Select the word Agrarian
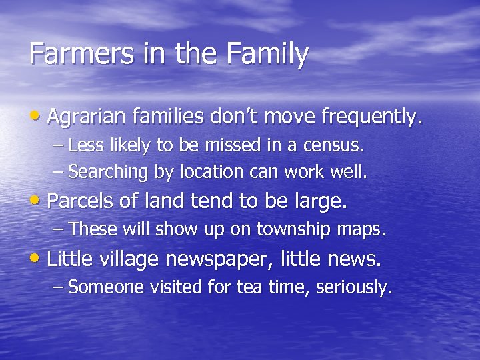(x=88, y=118)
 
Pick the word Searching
(x=108, y=173)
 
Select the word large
(x=323, y=201)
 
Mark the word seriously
(x=354, y=287)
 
